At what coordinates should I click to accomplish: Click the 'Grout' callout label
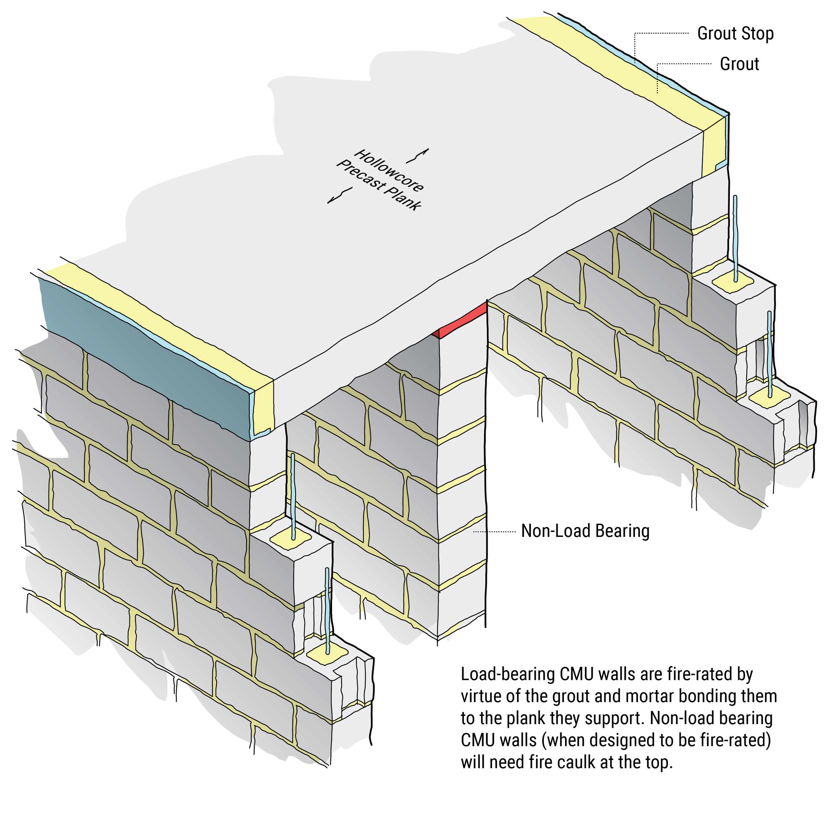tap(739, 64)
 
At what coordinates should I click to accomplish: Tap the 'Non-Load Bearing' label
tap(585, 531)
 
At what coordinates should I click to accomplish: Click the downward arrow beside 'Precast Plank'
tap(340, 196)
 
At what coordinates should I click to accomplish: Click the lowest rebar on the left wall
tap(327, 611)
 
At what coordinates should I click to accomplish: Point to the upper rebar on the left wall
tap(293, 496)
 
